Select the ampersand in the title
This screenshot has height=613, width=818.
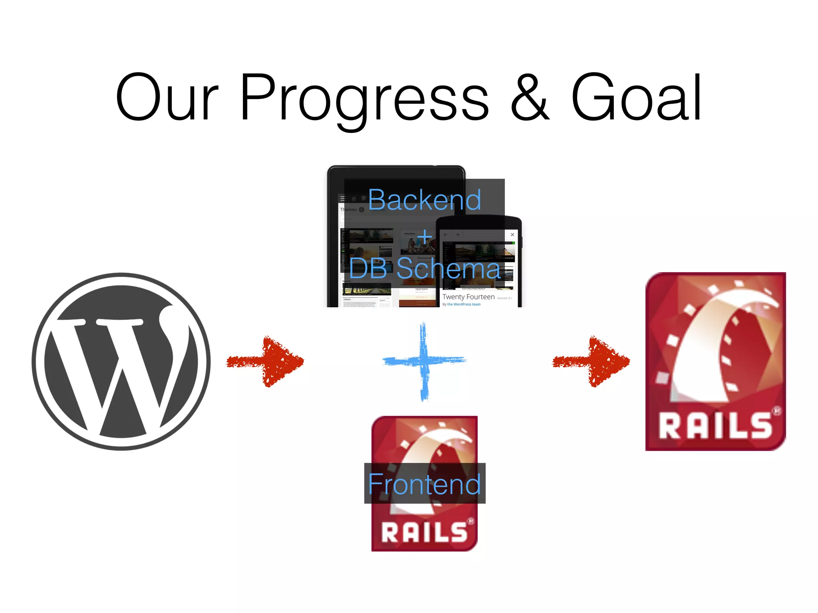click(x=530, y=98)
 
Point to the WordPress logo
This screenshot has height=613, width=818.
click(x=121, y=362)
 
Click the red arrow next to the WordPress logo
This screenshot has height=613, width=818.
click(x=266, y=362)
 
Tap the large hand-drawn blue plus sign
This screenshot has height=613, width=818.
click(x=424, y=361)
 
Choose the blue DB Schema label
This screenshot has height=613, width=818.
click(x=424, y=269)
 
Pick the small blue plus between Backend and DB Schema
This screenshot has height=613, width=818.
click(x=425, y=237)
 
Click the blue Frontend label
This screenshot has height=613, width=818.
click(x=424, y=484)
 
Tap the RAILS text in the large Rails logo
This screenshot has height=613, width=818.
click(x=715, y=426)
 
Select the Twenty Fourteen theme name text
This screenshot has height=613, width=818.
click(x=468, y=297)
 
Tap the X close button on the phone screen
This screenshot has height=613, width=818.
click(x=512, y=235)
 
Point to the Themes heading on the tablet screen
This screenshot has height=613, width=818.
click(x=348, y=210)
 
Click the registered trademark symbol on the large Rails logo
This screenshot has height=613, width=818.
click(x=776, y=410)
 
